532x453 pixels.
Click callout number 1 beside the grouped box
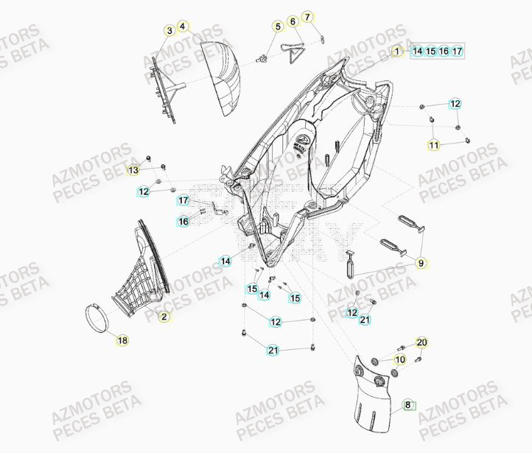(x=396, y=52)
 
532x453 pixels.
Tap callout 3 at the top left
(x=169, y=30)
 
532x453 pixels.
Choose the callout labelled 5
(x=279, y=27)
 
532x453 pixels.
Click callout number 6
(x=293, y=22)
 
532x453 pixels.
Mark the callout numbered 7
(x=307, y=16)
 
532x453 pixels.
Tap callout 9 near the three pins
(x=421, y=262)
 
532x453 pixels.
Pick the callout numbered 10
(x=400, y=359)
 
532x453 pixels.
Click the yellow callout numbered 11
(x=434, y=145)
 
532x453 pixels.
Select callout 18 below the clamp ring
(x=122, y=340)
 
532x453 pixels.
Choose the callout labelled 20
(x=421, y=343)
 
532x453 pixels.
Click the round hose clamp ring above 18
(x=97, y=317)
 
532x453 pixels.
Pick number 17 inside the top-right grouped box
(x=457, y=52)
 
